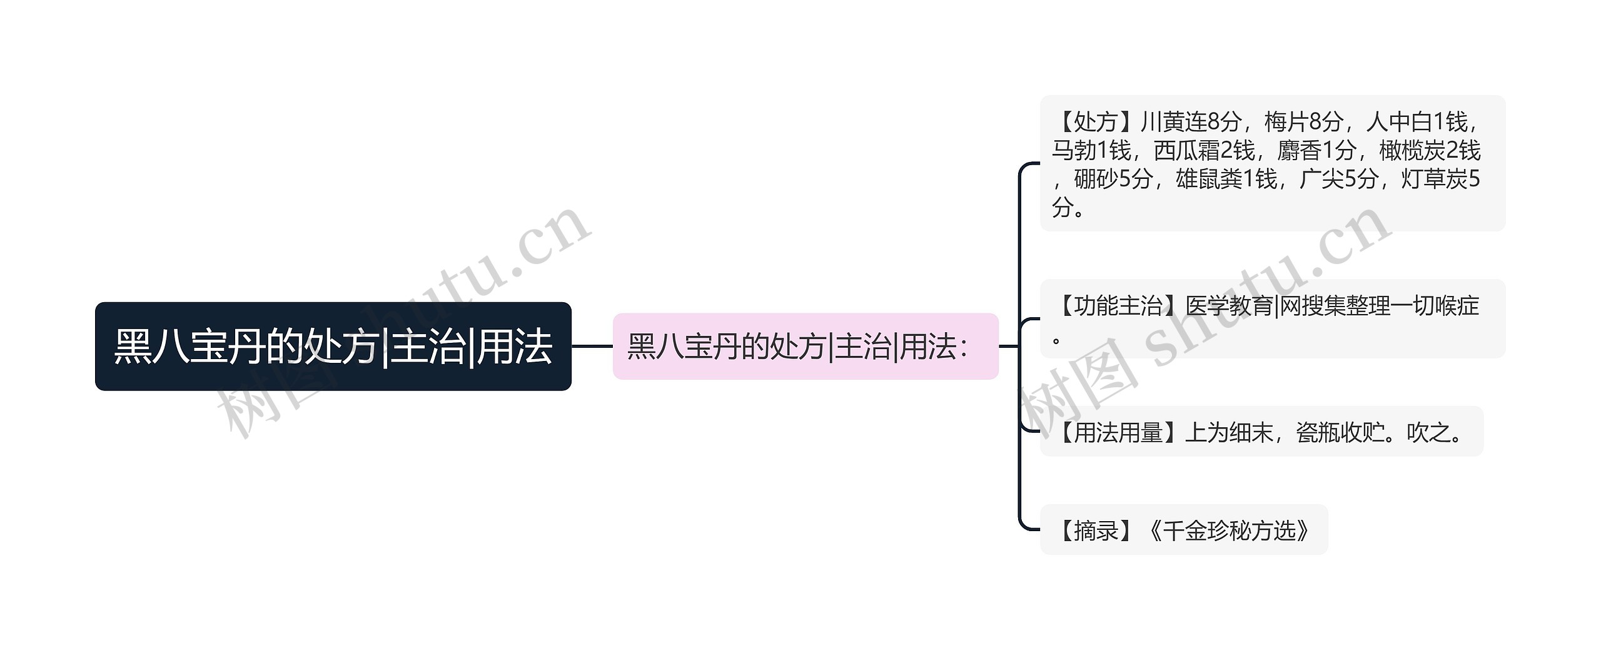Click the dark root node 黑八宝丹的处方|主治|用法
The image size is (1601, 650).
coord(333,347)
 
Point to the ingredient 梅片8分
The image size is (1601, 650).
coord(1304,122)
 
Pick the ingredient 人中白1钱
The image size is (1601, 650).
coord(1417,122)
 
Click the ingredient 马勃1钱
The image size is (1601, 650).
coord(1091,151)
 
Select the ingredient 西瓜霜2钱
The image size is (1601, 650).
coord(1204,151)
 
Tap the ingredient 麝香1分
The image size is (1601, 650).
coord(1316,151)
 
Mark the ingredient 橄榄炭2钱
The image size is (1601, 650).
coord(1430,151)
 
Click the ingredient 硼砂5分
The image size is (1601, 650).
coord(1113,180)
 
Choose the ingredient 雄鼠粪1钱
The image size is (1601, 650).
coord(1226,180)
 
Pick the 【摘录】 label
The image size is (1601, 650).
coord(1094,531)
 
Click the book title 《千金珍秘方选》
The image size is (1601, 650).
coord(1229,531)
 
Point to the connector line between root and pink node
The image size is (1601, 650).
coord(592,346)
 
